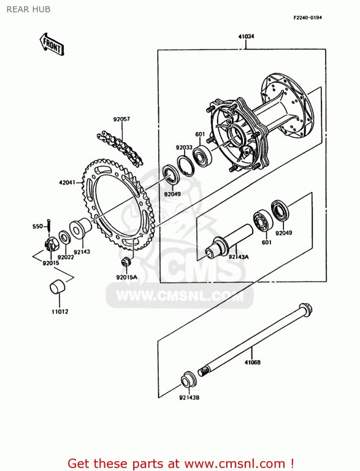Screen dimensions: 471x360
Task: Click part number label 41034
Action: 246,37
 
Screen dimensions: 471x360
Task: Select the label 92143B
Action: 190,398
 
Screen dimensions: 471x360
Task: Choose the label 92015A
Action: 126,277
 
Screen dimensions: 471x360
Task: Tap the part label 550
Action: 37,226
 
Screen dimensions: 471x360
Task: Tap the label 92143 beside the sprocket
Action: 83,251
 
